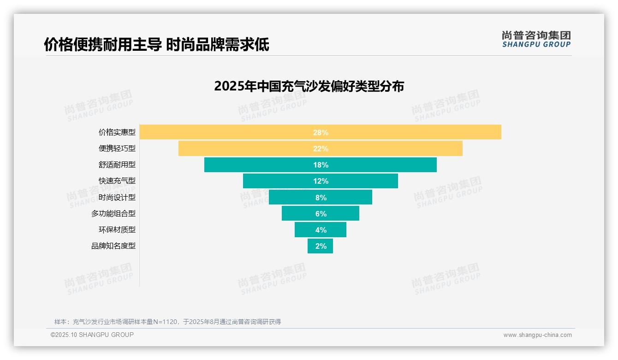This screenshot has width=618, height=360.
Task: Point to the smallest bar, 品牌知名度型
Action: tap(320, 246)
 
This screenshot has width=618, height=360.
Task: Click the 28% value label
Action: tap(321, 132)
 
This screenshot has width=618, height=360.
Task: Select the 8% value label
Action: tap(321, 198)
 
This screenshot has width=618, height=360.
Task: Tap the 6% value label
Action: tap(321, 214)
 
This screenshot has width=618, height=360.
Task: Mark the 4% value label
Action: tap(321, 230)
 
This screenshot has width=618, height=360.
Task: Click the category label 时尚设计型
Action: tap(117, 198)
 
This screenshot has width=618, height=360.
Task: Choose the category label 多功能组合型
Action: tap(113, 214)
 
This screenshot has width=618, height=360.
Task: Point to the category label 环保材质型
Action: tap(117, 230)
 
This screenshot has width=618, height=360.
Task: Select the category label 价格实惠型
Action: tap(117, 132)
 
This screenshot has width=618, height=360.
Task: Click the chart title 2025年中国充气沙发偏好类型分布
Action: tap(309, 86)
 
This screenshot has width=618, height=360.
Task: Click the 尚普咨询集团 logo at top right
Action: tap(536, 39)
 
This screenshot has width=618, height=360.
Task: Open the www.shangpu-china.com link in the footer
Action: tap(537, 335)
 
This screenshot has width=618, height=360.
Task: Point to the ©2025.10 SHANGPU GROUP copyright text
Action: tap(92, 335)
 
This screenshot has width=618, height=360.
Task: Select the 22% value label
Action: tap(321, 149)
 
